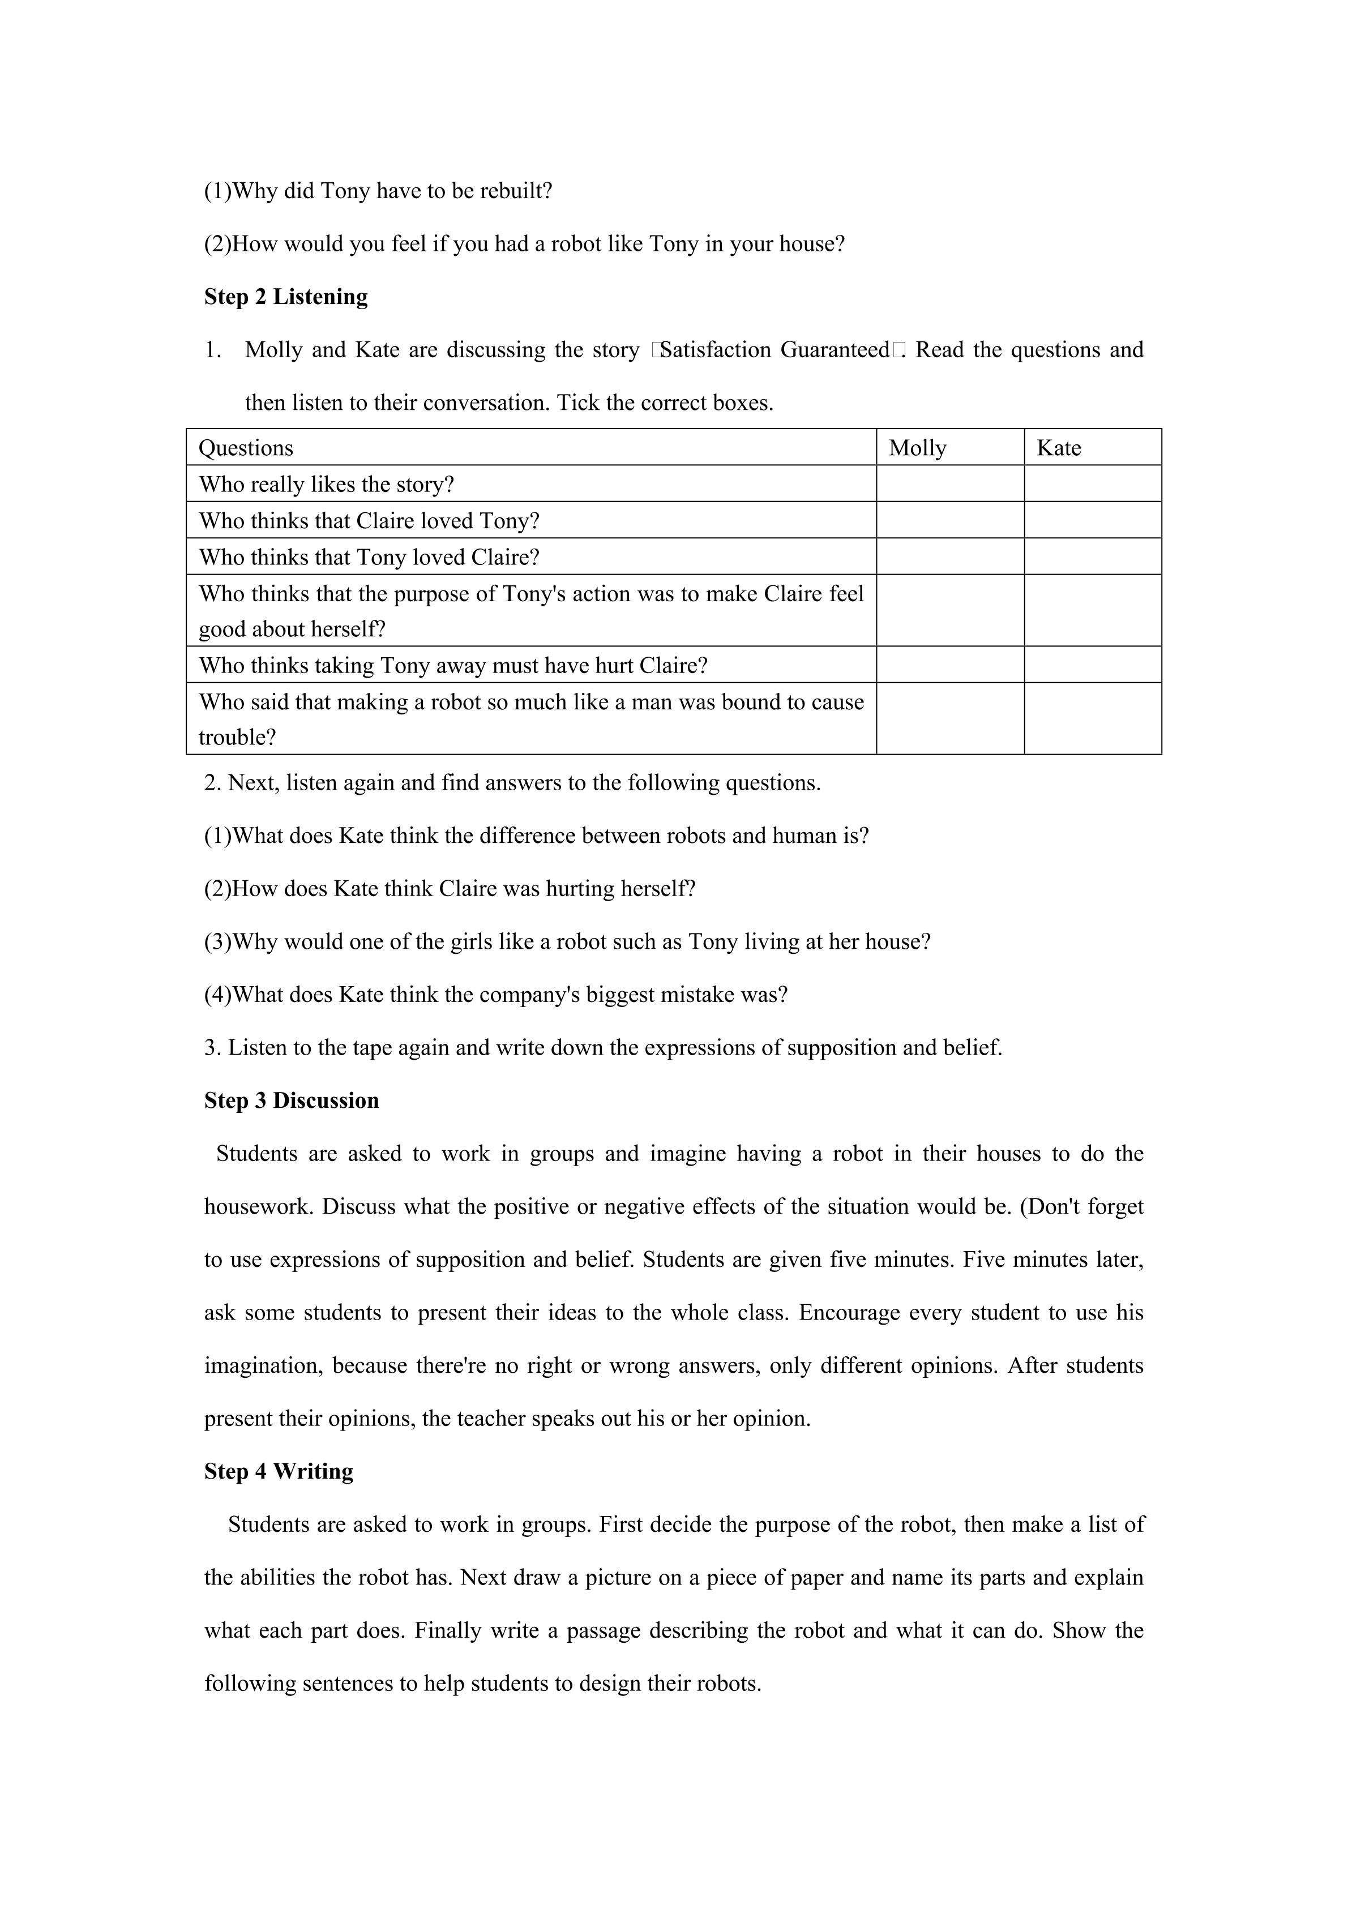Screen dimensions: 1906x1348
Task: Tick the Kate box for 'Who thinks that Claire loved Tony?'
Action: pos(1092,520)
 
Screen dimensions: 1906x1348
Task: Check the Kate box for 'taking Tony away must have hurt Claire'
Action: pos(1092,665)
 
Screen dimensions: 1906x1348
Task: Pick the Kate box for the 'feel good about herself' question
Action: pos(1092,610)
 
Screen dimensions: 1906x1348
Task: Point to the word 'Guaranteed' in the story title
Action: pos(834,349)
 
